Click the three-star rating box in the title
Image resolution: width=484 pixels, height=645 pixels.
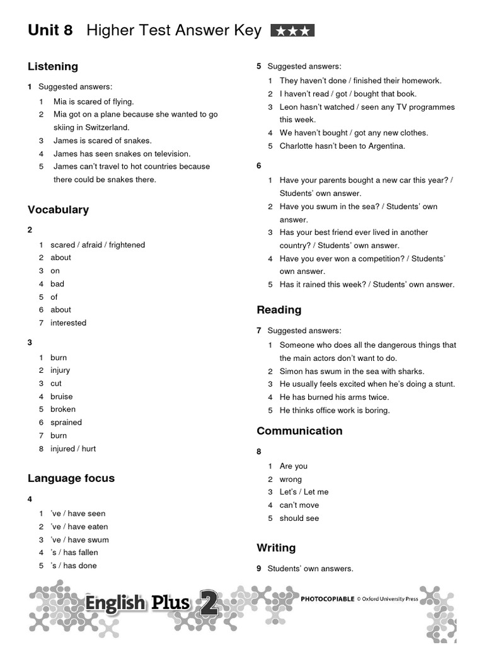292,30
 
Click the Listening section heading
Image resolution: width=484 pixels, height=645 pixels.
53,66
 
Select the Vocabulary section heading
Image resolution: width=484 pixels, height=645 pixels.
58,210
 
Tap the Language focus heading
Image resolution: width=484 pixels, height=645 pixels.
71,478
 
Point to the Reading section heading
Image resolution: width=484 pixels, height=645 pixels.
279,309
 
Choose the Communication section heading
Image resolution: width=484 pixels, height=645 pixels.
299,431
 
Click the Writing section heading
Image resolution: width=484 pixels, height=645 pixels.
276,547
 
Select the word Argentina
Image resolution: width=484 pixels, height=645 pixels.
382,146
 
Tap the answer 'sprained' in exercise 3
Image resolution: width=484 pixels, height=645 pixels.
66,423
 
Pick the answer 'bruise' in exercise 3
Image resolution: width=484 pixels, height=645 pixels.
62,397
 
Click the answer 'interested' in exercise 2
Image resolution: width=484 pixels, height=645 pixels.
69,323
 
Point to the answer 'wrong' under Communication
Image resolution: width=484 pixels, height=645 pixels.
291,479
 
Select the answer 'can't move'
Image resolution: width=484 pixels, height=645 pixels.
299,505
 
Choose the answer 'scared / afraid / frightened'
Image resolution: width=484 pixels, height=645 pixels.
98,245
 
